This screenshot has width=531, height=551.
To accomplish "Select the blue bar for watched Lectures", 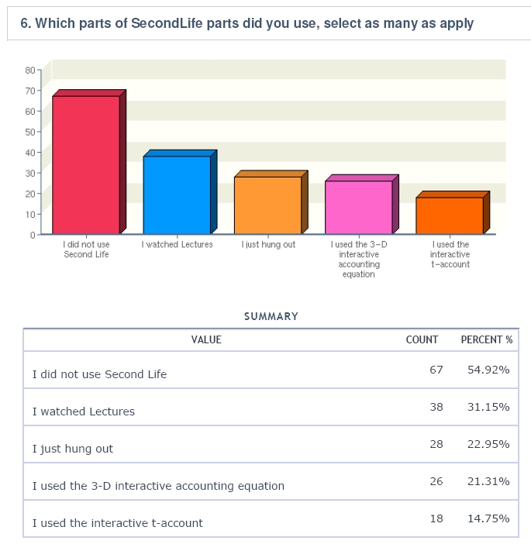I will click(177, 195).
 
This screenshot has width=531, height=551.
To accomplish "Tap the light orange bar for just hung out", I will click(267, 205).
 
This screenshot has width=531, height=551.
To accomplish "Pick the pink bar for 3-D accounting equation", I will click(358, 207).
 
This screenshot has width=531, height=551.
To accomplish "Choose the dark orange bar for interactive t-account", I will click(450, 215).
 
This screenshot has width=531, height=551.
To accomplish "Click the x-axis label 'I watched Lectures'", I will click(177, 245).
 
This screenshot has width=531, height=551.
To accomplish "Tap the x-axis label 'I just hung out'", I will click(268, 245).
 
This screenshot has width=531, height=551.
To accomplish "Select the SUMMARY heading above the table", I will click(271, 316).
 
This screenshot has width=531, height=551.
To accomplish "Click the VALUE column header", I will click(206, 339).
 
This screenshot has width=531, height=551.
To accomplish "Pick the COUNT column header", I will click(422, 339).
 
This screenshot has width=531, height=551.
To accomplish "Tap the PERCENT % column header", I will click(487, 339).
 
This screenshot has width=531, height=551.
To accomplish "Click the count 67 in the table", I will click(436, 370).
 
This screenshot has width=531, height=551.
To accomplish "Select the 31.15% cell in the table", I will click(488, 407).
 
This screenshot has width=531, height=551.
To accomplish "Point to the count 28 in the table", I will click(436, 444).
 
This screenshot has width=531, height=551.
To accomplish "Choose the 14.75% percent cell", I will click(488, 518).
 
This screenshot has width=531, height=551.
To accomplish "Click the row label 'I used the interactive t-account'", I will click(118, 523).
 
